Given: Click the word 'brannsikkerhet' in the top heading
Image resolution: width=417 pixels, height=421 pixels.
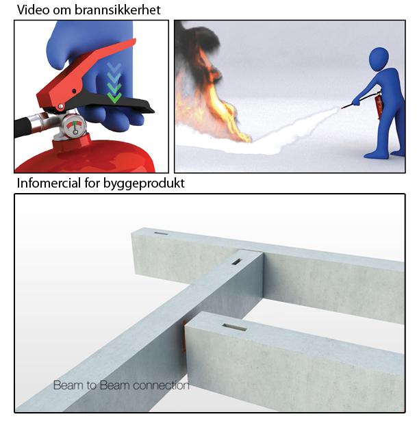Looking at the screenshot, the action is click(x=117, y=10).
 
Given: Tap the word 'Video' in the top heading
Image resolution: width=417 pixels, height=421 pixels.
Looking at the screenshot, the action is click(x=34, y=10).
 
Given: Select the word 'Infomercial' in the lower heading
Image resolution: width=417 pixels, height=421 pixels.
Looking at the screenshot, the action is click(x=49, y=183).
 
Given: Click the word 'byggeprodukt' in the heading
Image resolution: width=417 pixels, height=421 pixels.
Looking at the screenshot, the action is click(x=144, y=183).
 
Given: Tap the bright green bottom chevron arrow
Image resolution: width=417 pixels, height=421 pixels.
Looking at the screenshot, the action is click(x=114, y=98).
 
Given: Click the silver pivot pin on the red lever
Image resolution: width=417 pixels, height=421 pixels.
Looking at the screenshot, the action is click(x=61, y=107).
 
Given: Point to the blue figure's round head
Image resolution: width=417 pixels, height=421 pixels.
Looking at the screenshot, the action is click(x=379, y=59).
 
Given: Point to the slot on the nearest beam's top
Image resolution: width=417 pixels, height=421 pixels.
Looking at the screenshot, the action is click(x=234, y=327).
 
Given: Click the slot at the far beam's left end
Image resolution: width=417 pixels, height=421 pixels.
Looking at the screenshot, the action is click(x=161, y=233).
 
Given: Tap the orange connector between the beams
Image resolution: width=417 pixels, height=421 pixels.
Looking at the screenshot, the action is click(x=184, y=335).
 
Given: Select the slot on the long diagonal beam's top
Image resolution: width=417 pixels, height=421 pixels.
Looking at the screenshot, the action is click(x=236, y=261).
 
